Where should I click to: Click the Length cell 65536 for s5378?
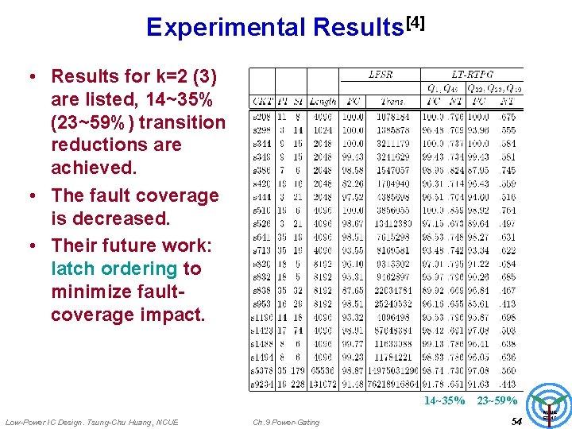(321, 371)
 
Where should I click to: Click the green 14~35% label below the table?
(444, 401)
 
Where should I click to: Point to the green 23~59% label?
(497, 401)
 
